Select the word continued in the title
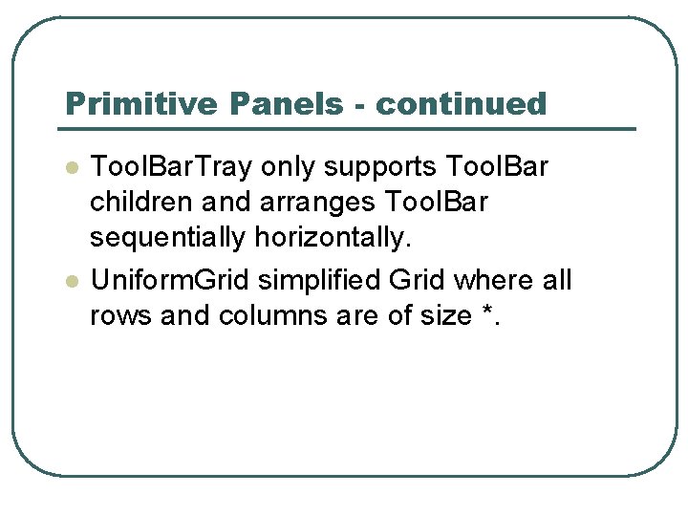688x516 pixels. click(x=461, y=103)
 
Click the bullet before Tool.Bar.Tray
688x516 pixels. click(x=70, y=168)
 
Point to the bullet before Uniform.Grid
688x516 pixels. click(x=70, y=282)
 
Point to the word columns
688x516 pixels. click(x=277, y=315)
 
